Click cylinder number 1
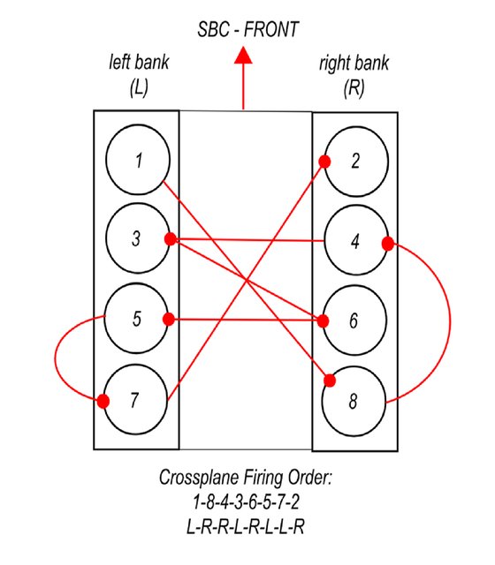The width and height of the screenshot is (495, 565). (x=138, y=160)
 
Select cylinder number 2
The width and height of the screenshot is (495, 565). (x=356, y=162)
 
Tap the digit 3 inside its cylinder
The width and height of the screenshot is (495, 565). (x=136, y=238)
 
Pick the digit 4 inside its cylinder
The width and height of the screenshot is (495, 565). (x=355, y=241)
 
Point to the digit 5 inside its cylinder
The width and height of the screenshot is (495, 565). (x=137, y=319)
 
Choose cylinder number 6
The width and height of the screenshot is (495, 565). (x=354, y=320)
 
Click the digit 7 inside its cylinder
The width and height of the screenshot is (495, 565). (x=134, y=400)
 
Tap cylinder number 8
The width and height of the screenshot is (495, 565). (x=354, y=402)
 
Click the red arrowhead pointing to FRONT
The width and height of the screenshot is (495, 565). (x=243, y=56)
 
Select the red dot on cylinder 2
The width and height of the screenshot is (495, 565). (x=324, y=162)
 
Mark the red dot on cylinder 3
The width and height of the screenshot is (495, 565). (x=171, y=239)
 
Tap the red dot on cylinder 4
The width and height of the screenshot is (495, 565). (x=388, y=244)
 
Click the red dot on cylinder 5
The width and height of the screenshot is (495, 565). (x=169, y=320)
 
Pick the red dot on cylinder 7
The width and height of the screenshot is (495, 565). (x=103, y=401)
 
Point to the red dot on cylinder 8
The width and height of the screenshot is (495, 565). (x=330, y=380)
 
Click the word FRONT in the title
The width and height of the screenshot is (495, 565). (x=271, y=29)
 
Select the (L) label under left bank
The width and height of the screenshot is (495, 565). (x=139, y=87)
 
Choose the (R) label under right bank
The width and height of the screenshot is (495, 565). (x=354, y=88)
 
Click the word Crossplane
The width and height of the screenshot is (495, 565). (x=199, y=478)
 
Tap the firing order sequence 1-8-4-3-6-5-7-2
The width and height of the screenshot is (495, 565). (x=246, y=502)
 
